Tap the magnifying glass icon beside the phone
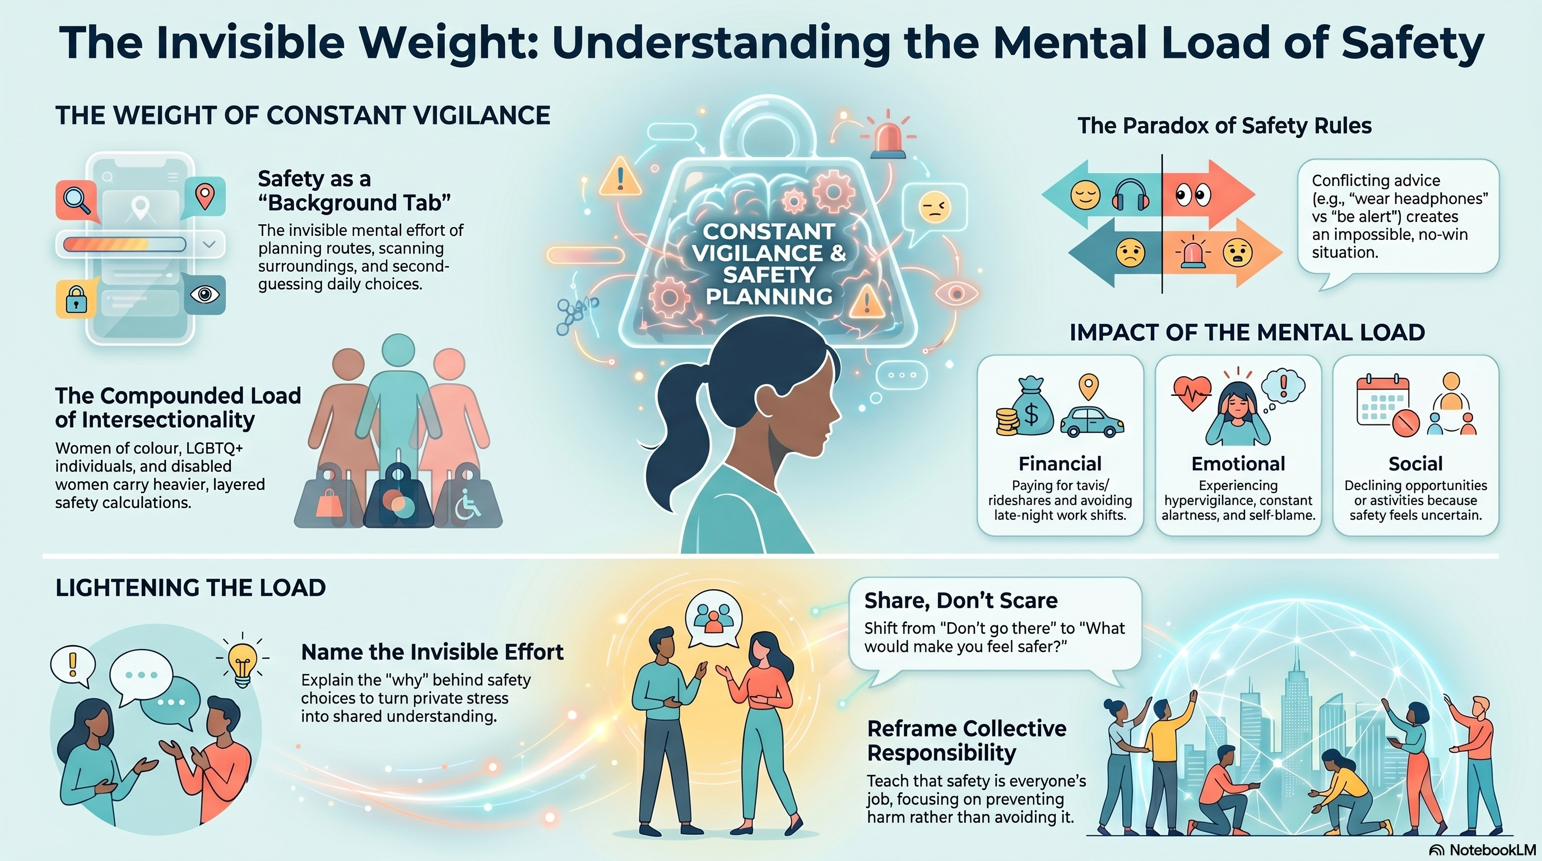[77, 199]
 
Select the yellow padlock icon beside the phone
[76, 298]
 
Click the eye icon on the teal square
[205, 295]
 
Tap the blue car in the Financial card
[1092, 422]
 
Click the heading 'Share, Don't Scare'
[961, 600]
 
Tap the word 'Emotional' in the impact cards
[1238, 464]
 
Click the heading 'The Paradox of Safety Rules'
[1225, 126]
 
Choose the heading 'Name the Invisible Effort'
[432, 651]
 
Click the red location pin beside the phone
[205, 196]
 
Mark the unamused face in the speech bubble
[934, 207]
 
